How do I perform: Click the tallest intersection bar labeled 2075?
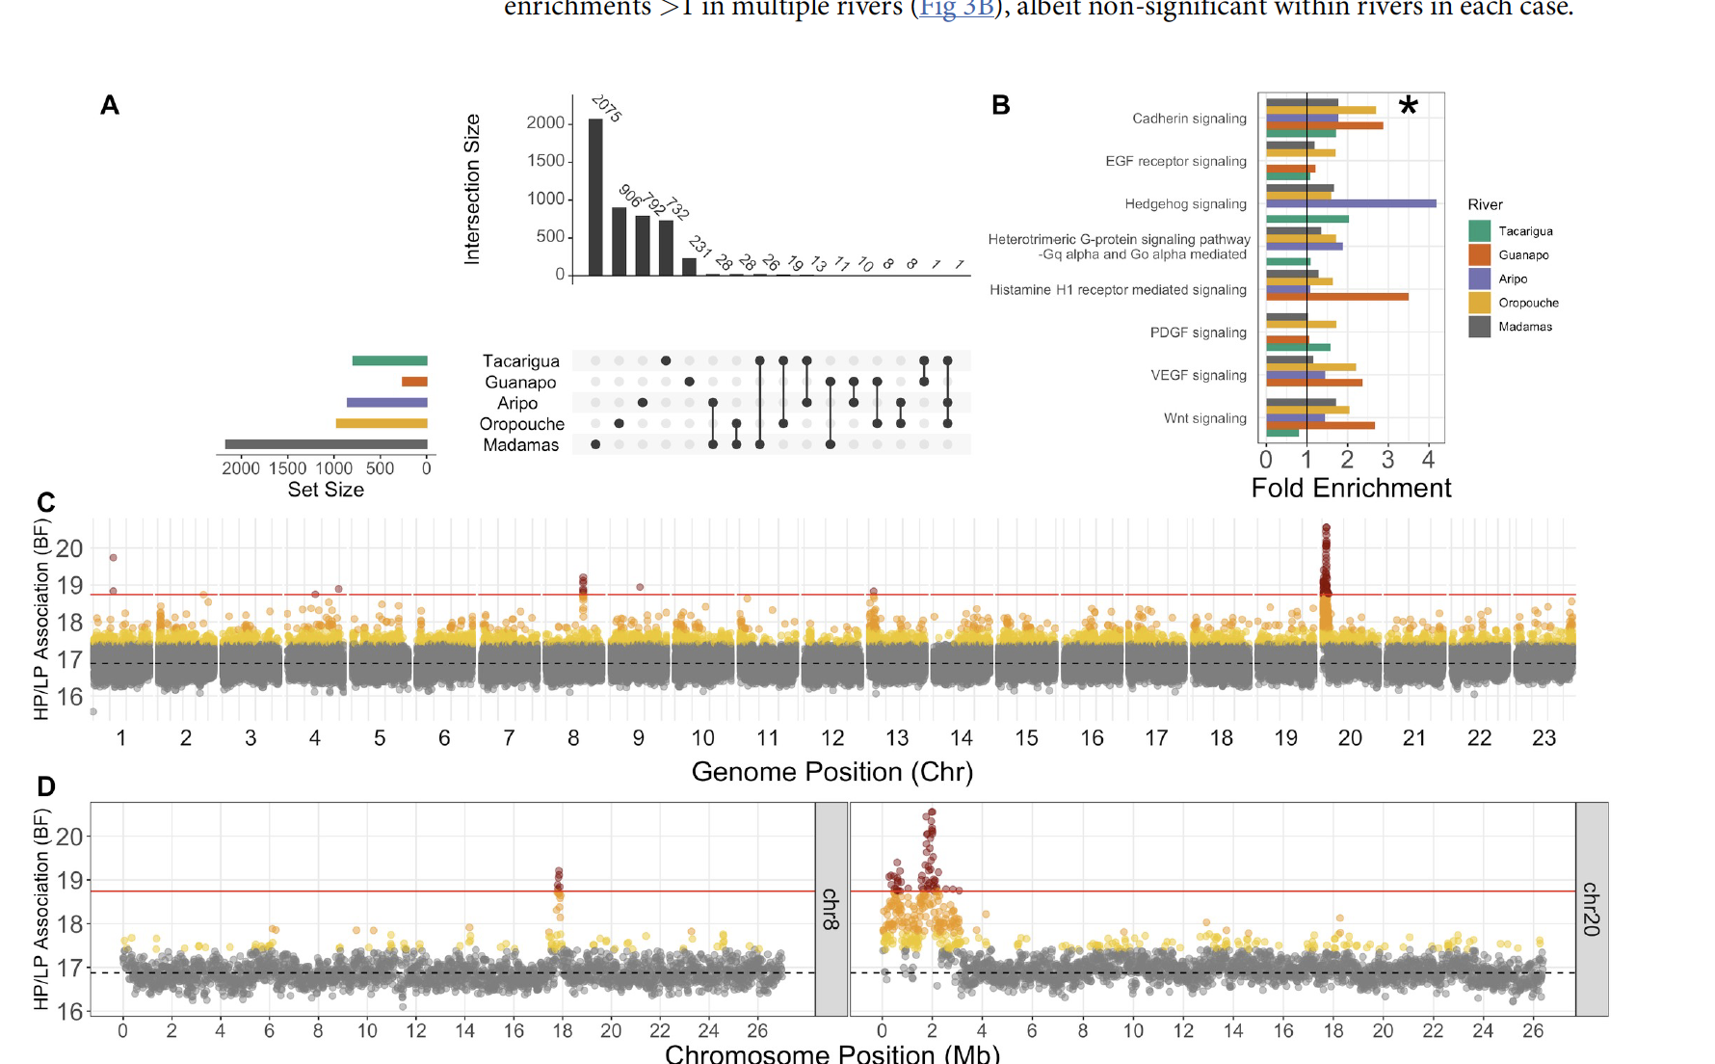pyautogui.click(x=595, y=198)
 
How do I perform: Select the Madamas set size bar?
pyautogui.click(x=326, y=444)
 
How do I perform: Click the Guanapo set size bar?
pyautogui.click(x=414, y=382)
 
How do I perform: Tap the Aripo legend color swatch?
pyautogui.click(x=1479, y=279)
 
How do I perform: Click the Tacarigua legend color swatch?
pyautogui.click(x=1479, y=231)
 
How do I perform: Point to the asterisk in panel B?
pyautogui.click(x=1408, y=106)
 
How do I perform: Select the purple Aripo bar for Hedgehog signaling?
pyautogui.click(x=1350, y=203)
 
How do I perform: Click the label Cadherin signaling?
pyautogui.click(x=1189, y=119)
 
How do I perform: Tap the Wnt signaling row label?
pyautogui.click(x=1204, y=418)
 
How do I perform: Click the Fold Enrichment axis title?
pyautogui.click(x=1351, y=488)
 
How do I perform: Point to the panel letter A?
pyautogui.click(x=110, y=105)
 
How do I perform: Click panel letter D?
pyautogui.click(x=46, y=786)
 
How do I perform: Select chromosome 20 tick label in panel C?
pyautogui.click(x=1350, y=738)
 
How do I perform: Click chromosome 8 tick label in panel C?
pyautogui.click(x=573, y=738)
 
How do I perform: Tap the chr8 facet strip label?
pyautogui.click(x=831, y=909)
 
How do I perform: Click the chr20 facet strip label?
pyautogui.click(x=1591, y=909)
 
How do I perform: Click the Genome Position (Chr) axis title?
pyautogui.click(x=832, y=772)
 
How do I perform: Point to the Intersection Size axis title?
pyautogui.click(x=472, y=189)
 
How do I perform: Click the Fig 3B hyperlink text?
pyautogui.click(x=956, y=9)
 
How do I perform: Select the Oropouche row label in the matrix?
pyautogui.click(x=521, y=424)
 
